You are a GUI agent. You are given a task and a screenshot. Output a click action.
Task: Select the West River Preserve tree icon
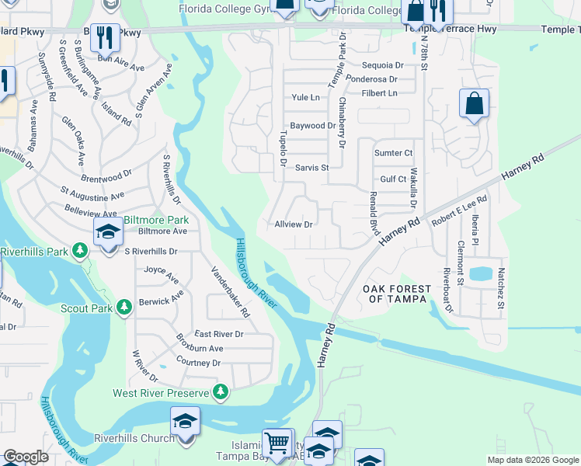(222, 393)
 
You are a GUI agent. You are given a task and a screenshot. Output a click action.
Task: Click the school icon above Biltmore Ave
(108, 231)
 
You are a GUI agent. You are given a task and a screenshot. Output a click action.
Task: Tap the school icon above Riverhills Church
(185, 422)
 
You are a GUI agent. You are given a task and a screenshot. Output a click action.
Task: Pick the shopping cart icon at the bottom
(276, 443)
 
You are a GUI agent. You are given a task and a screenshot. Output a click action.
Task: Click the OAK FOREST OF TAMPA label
(395, 294)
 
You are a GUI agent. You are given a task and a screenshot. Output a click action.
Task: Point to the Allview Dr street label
(294, 224)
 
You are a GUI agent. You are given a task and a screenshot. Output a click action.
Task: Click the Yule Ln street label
(306, 98)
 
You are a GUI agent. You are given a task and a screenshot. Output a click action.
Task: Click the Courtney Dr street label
(199, 363)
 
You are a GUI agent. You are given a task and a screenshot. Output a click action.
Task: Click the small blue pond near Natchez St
(480, 273)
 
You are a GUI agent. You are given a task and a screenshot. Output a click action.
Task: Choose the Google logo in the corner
(26, 457)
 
